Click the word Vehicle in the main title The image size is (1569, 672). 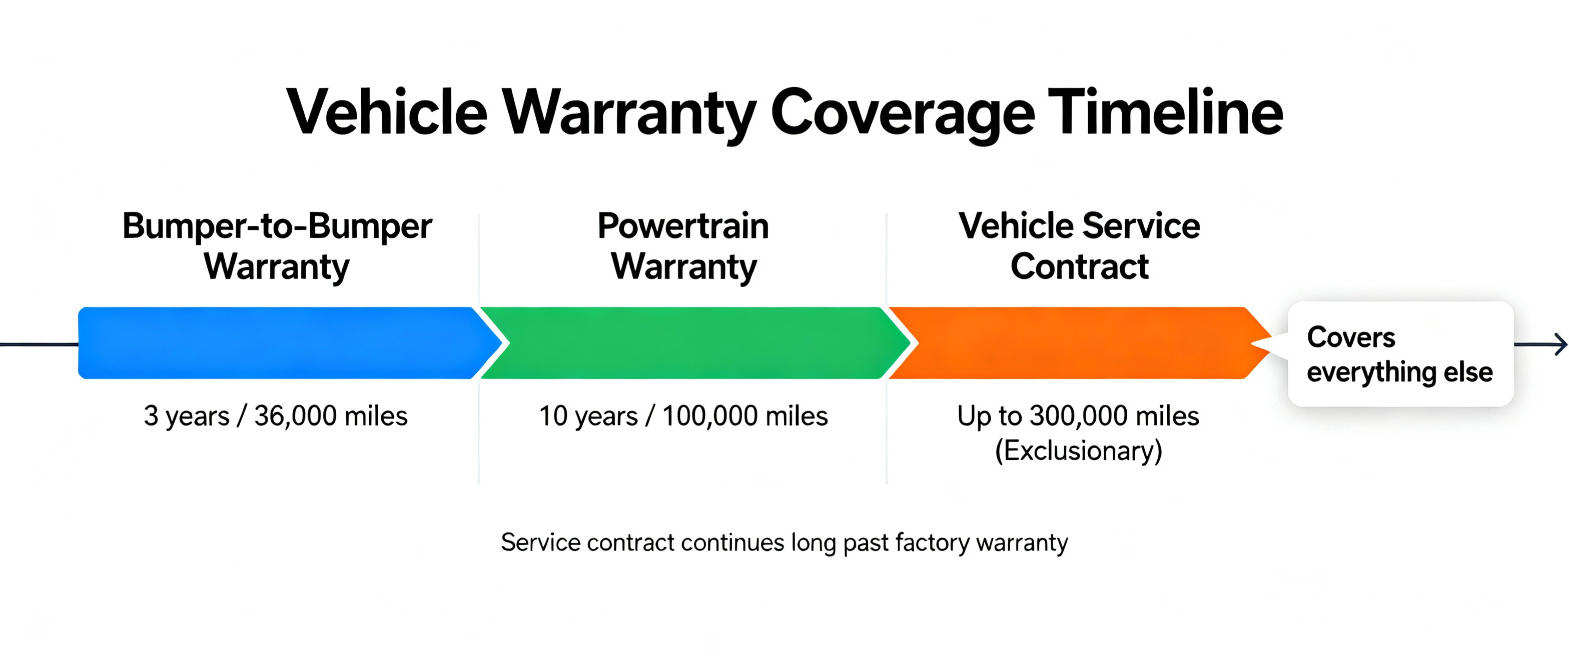[x=387, y=112]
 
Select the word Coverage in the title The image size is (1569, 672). [x=902, y=112]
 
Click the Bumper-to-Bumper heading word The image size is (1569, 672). [x=277, y=226]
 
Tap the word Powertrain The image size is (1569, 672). [x=683, y=226]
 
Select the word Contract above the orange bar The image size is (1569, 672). [x=1079, y=266]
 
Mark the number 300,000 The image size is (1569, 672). [x=1078, y=416]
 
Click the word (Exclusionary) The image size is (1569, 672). [x=1078, y=451]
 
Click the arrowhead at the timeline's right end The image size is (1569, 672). [x=1560, y=344]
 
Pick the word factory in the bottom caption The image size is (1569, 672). [x=932, y=542]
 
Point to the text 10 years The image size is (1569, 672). [x=588, y=416]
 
